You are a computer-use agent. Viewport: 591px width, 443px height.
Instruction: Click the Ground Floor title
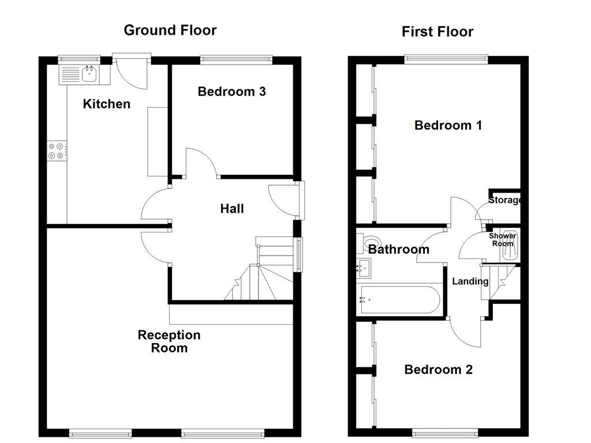170,30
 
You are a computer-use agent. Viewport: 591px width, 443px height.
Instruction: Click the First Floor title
437,32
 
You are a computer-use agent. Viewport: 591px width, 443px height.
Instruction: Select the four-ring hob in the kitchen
57,151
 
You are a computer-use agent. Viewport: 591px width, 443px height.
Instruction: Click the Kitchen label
107,104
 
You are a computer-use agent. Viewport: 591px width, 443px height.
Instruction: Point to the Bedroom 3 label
231,91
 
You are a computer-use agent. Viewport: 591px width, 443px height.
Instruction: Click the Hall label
232,208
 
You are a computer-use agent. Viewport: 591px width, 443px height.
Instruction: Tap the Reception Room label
169,341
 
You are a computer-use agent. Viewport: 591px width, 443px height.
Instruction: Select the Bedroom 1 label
448,125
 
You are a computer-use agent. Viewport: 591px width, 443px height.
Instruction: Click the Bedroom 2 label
438,370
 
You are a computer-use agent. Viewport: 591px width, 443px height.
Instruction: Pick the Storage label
505,201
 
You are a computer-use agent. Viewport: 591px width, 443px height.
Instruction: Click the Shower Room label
502,240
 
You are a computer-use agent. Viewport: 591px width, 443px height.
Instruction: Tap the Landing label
470,281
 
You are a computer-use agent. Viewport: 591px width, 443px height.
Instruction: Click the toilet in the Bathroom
369,243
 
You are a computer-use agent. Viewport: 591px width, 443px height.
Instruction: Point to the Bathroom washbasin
364,266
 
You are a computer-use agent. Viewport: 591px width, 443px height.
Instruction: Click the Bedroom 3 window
236,58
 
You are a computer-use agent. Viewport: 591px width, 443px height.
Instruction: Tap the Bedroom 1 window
446,58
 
